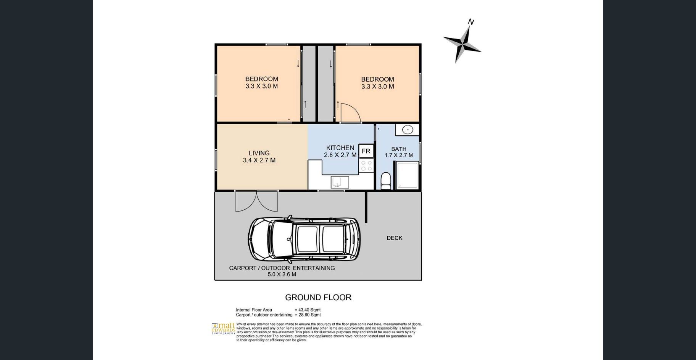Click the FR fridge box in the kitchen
click(366, 151)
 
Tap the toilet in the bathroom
click(386, 181)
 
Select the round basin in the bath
click(408, 130)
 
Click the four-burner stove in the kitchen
click(366, 166)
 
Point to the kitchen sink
click(340, 182)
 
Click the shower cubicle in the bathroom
click(408, 175)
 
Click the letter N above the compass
click(471, 22)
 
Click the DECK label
click(395, 238)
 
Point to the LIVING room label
click(259, 153)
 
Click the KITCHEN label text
click(340, 148)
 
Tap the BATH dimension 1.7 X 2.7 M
click(399, 155)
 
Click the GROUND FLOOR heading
click(318, 297)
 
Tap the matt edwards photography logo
click(224, 329)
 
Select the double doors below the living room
click(256, 201)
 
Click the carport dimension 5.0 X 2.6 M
click(282, 274)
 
